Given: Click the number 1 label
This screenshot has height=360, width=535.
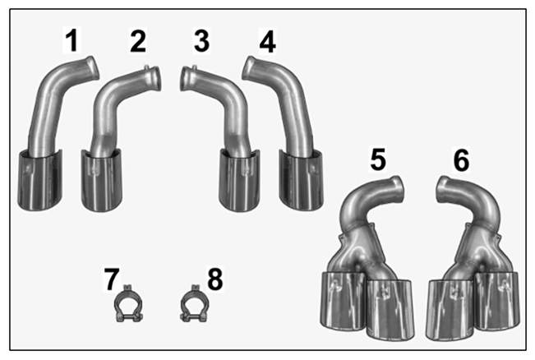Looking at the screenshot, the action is point(72,40).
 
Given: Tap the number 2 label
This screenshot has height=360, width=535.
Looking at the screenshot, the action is point(138,41).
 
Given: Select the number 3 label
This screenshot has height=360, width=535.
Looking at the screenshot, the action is point(201,41).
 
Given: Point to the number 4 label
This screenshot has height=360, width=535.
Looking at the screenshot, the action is point(268,41).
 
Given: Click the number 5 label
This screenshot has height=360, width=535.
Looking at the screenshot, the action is point(378,159).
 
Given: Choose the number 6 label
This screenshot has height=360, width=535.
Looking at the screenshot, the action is point(461,159).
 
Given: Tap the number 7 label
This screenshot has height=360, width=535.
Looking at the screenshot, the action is point(112,279).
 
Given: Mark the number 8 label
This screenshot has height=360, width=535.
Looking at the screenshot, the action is point(215,279).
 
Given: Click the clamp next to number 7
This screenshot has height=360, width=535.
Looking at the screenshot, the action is point(128,303).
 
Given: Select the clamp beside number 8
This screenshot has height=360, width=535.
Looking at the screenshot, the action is point(194,303).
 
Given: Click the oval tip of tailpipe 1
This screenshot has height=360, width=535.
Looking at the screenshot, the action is point(39,180).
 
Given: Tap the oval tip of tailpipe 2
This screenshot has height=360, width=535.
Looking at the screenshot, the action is point(101,181).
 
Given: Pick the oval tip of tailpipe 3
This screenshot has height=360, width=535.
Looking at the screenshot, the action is point(239,181).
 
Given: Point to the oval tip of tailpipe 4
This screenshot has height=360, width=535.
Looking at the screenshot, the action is point(302,180).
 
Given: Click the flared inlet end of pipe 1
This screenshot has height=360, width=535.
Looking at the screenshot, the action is point(91,69).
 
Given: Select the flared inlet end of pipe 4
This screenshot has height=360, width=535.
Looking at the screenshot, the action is point(250,68).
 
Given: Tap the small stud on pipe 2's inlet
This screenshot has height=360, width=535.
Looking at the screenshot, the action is point(147,67).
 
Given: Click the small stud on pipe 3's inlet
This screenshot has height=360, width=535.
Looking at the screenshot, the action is point(195,67).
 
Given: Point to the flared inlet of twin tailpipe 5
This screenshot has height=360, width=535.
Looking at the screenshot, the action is point(397,189).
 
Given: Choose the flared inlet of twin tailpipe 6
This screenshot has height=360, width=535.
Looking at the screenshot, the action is point(445,189).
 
